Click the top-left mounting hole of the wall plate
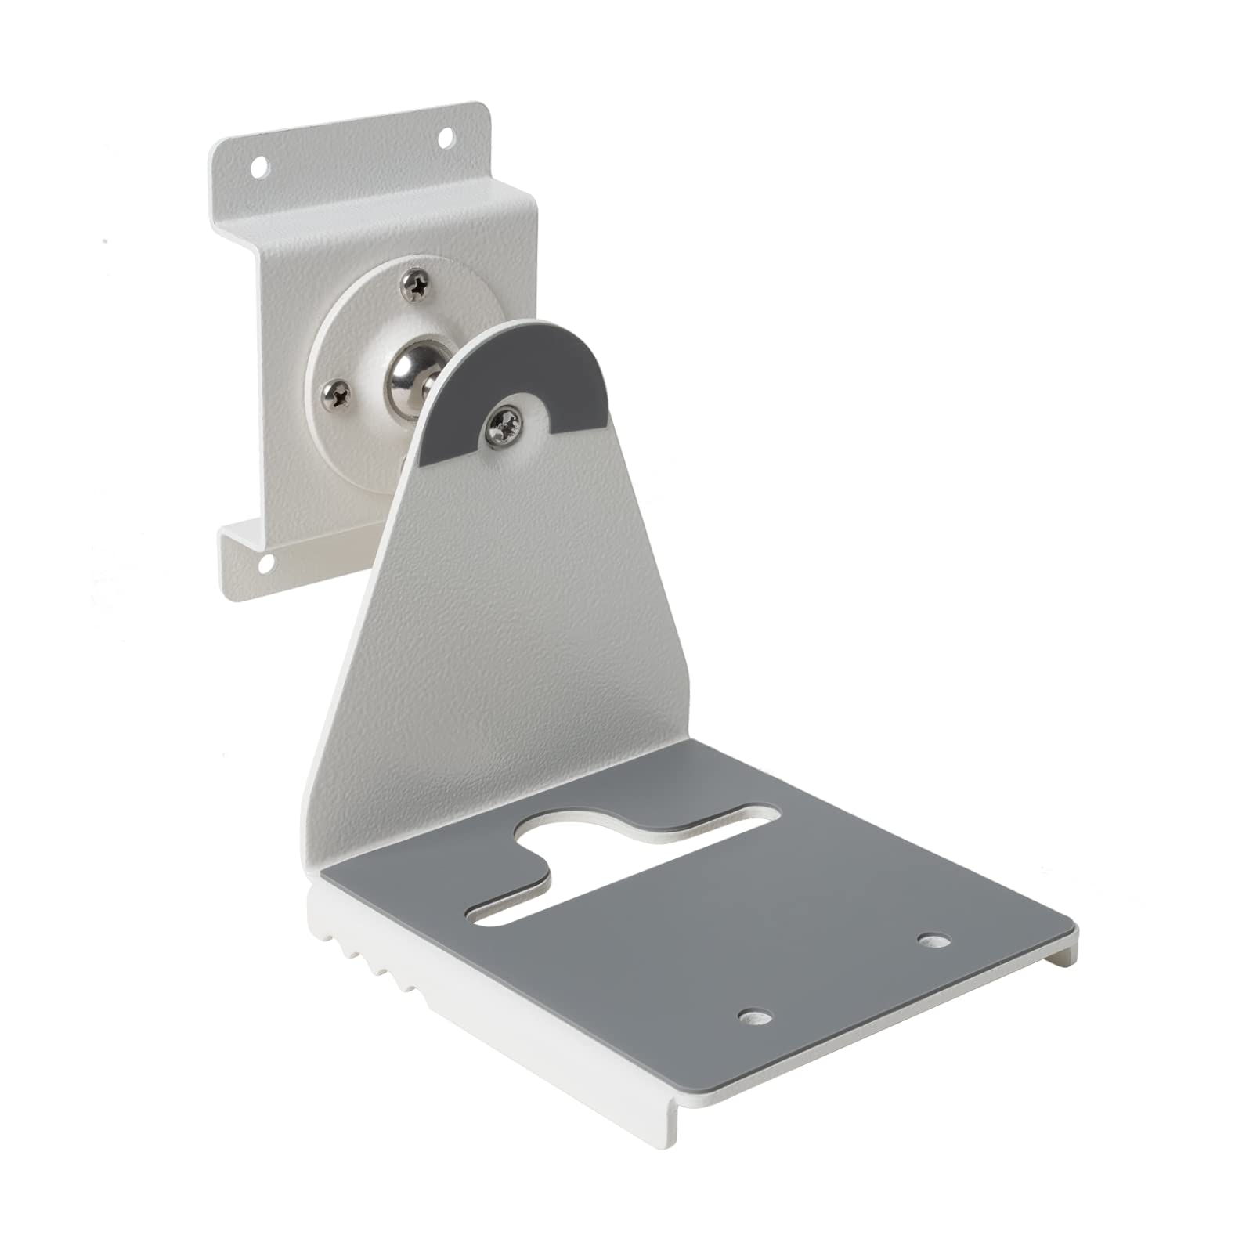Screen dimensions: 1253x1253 pos(259,165)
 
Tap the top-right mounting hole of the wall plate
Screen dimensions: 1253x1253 pos(446,138)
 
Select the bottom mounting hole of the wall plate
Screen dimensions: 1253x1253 pos(266,560)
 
